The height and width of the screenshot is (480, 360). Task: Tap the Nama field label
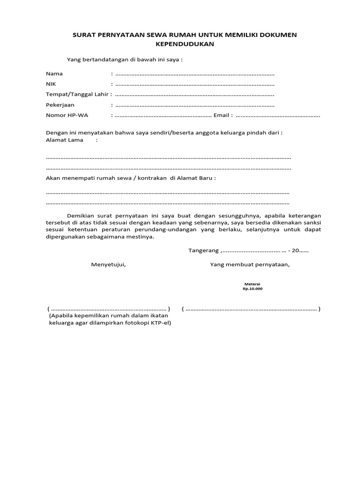click(54, 74)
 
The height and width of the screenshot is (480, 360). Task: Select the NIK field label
click(51, 84)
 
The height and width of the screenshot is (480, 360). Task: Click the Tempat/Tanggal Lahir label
click(77, 94)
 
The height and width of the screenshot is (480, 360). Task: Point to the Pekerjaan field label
click(60, 105)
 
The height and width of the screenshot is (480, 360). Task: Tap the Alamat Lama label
click(64, 140)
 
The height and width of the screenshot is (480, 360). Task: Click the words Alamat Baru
click(197, 178)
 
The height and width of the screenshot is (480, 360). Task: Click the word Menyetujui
click(108, 264)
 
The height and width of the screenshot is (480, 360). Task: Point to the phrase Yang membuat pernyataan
click(250, 264)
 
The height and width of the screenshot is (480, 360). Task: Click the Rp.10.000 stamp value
click(252, 289)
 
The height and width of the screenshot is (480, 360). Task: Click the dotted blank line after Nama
click(195, 74)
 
